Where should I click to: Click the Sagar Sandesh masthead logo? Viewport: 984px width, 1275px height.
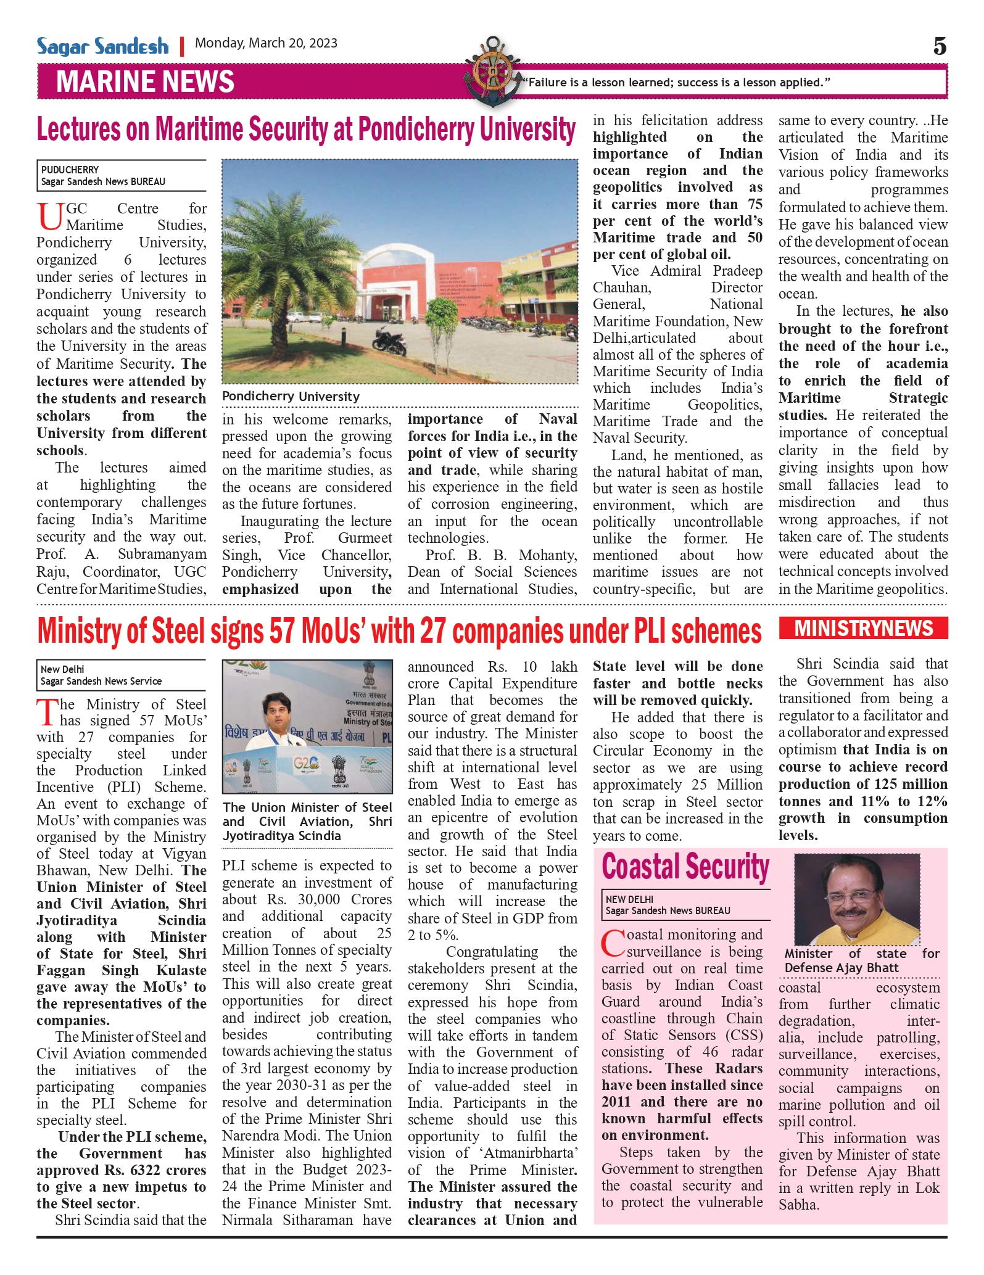pos(102,46)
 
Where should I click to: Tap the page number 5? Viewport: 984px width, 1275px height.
pos(940,46)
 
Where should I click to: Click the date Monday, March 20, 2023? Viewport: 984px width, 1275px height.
pos(266,43)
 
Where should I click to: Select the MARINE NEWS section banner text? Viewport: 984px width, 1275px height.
pos(145,81)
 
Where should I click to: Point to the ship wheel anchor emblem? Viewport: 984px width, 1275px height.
pos(493,71)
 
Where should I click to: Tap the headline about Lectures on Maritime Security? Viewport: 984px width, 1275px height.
pos(306,130)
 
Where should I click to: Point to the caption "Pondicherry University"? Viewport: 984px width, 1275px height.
pos(291,397)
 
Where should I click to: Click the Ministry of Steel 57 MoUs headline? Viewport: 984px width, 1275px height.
pos(399,632)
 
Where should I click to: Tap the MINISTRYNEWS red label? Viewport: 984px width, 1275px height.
pos(863,629)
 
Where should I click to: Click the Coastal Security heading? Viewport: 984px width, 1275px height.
pos(685,867)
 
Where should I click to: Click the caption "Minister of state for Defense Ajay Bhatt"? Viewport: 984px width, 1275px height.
pos(861,960)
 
